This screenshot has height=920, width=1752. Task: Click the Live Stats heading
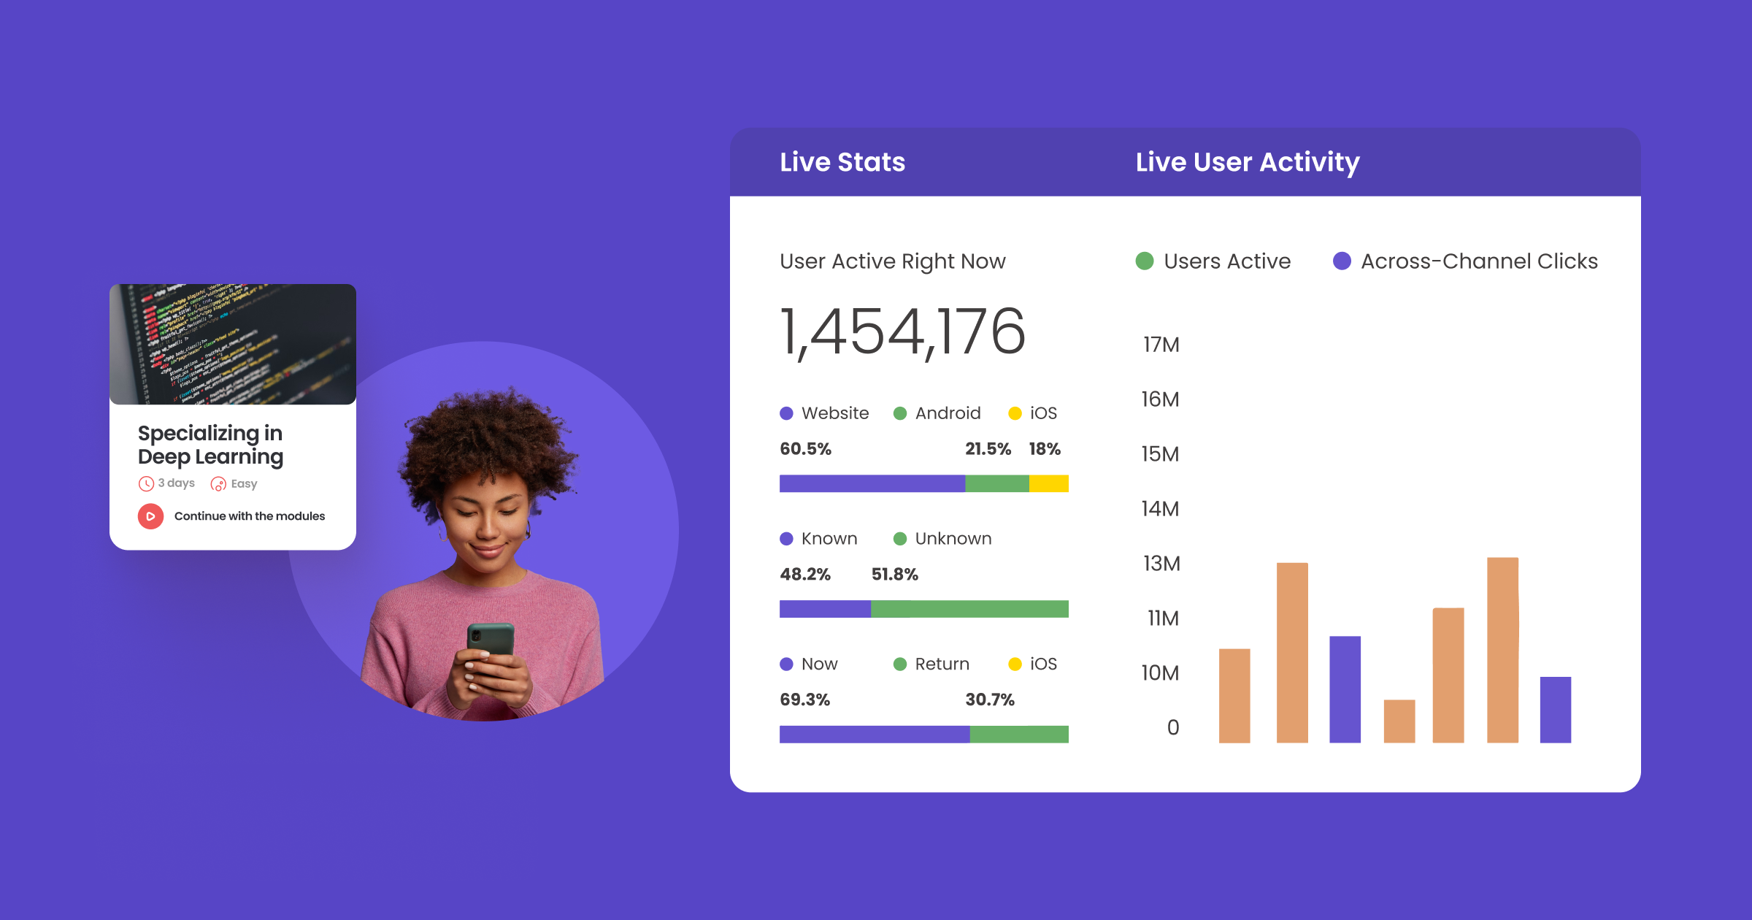click(x=842, y=162)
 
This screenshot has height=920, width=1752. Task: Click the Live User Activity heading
click(x=1247, y=162)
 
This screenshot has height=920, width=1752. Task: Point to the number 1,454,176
click(x=902, y=332)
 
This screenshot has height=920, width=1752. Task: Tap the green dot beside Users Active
click(x=1145, y=261)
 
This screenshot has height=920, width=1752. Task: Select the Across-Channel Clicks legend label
click(x=1478, y=261)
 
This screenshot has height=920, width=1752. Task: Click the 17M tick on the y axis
click(x=1161, y=345)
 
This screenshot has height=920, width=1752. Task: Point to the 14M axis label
click(x=1160, y=509)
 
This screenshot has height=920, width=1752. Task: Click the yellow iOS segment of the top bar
click(x=1048, y=483)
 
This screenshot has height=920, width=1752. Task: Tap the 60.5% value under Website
click(x=805, y=449)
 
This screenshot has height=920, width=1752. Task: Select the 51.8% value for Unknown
click(x=894, y=575)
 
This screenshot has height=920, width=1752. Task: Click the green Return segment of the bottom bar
click(x=1018, y=734)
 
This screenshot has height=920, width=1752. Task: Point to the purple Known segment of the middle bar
click(x=825, y=609)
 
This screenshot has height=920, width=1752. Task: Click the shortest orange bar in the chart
click(x=1399, y=721)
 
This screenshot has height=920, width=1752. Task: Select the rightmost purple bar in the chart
click(x=1555, y=710)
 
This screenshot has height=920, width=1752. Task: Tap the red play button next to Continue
click(x=150, y=516)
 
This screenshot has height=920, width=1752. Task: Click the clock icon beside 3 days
click(x=146, y=483)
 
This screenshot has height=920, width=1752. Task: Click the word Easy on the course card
click(x=244, y=484)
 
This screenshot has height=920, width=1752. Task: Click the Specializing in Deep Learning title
click(x=210, y=445)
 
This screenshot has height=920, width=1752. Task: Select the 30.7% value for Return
click(x=989, y=700)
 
